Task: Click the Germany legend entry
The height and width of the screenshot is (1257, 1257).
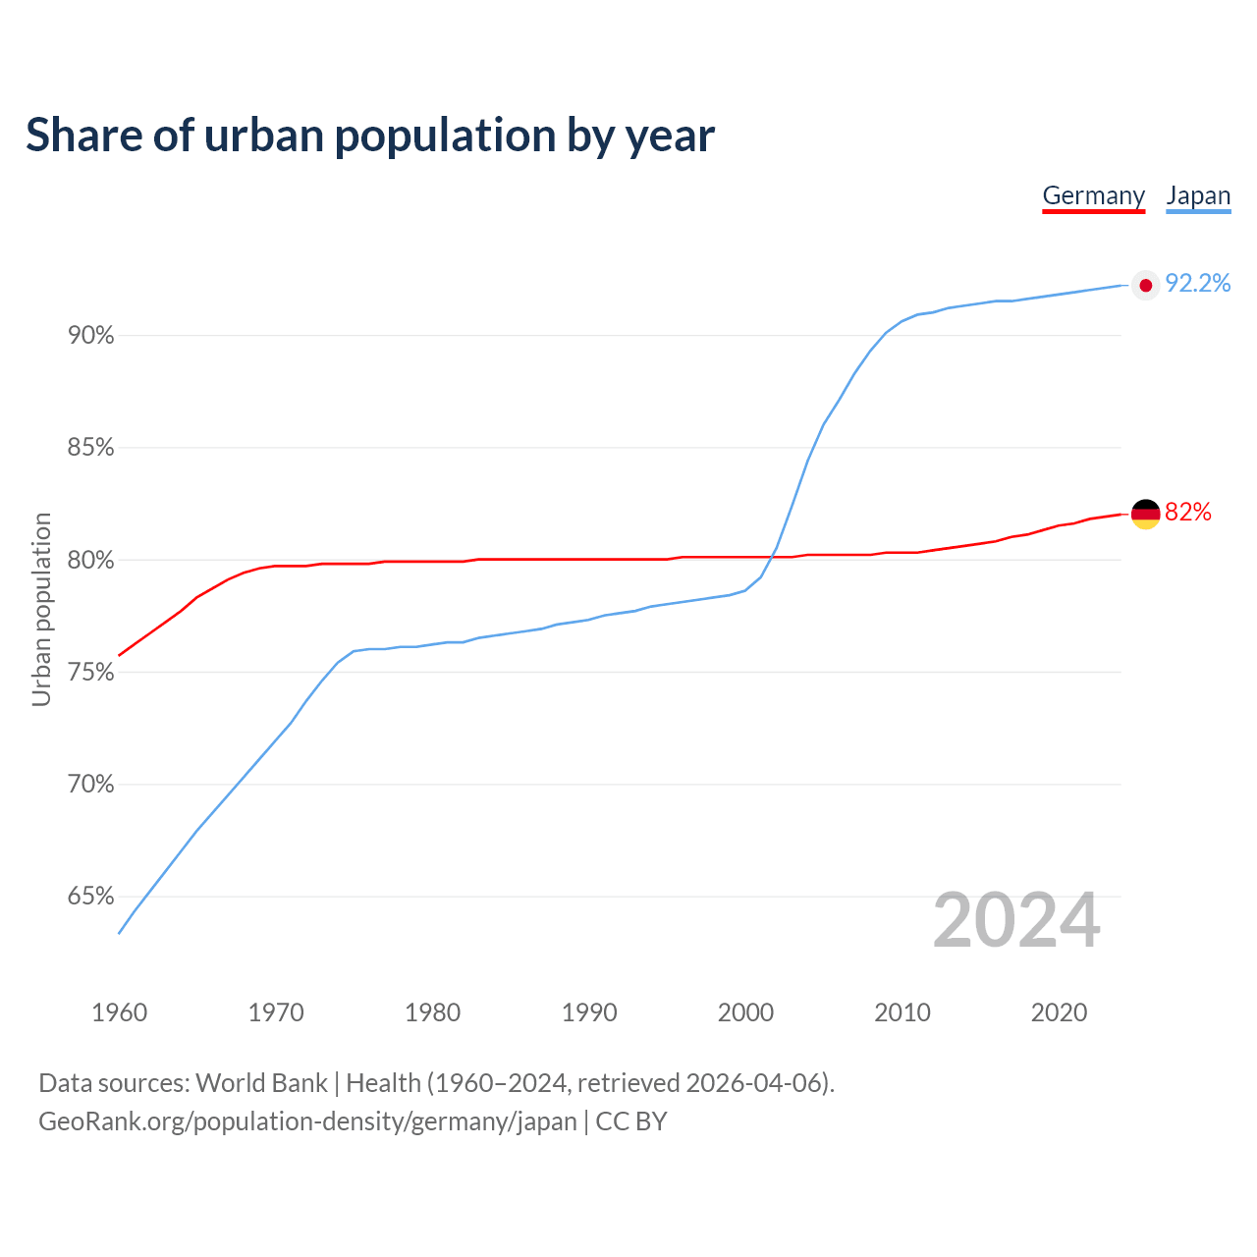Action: coord(1093,195)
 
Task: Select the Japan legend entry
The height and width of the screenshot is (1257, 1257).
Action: coord(1198,195)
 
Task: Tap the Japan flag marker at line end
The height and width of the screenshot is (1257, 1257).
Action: coord(1145,285)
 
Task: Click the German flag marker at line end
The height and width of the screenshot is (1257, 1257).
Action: coord(1145,513)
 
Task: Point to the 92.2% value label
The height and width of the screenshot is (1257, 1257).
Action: coord(1197,284)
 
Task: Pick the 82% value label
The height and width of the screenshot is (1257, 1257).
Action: coord(1187,512)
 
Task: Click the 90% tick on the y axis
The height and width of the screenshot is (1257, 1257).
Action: coord(90,336)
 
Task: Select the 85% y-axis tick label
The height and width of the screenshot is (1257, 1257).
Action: coord(90,448)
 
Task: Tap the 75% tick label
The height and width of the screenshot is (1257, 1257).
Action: coord(90,673)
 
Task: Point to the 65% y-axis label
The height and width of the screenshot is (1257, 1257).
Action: coord(90,897)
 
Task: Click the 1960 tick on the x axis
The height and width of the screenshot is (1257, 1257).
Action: coord(119,1012)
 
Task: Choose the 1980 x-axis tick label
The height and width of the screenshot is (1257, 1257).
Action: coord(432,1012)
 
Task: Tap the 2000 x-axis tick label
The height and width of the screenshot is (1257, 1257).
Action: coord(745,1012)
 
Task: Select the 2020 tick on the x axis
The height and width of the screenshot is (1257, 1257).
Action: coord(1059,1012)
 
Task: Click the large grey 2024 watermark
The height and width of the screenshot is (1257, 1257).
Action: coord(1016,920)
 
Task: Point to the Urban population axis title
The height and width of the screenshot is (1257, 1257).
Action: coord(41,609)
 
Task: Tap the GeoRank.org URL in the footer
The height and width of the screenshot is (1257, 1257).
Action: coord(307,1121)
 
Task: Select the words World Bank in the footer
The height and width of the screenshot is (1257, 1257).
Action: coord(261,1083)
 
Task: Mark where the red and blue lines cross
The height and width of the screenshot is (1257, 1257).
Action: coord(771,557)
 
